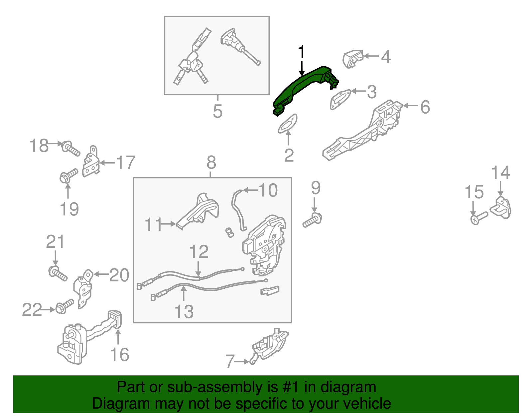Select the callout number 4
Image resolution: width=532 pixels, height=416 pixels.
(x=386, y=57)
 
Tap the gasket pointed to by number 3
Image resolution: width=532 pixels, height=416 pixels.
(x=340, y=99)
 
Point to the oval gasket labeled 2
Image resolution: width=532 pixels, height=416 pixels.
(x=287, y=124)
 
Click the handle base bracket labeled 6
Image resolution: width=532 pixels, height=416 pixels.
(x=362, y=130)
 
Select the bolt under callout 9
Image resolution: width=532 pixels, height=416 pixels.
(x=313, y=220)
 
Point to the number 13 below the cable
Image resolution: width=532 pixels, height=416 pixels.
(x=184, y=311)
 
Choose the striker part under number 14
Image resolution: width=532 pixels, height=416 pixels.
(x=501, y=208)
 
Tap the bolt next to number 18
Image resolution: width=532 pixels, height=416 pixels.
(x=70, y=148)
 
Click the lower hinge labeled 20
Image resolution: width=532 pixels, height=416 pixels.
(x=83, y=289)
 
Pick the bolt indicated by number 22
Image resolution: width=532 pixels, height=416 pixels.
(x=65, y=306)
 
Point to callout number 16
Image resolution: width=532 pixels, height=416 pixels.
(x=119, y=355)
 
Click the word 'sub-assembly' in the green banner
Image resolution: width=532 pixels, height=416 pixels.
(x=222, y=387)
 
